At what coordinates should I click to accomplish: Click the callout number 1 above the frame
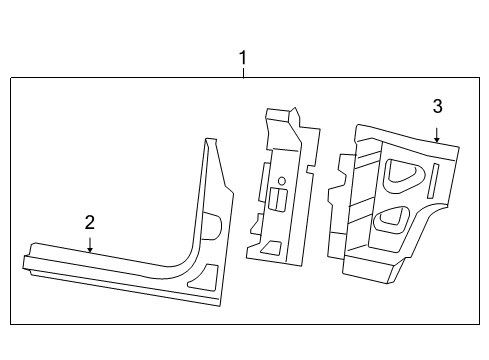tap(241, 59)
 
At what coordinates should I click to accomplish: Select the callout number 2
tap(90, 221)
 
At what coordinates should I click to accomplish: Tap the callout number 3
tap(437, 106)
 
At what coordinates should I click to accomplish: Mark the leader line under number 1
tap(241, 73)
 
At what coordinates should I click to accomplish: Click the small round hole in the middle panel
tap(281, 181)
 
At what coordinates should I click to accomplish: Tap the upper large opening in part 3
tap(402, 171)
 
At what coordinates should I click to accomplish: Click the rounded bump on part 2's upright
tap(213, 224)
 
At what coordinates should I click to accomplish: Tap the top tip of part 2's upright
tap(208, 140)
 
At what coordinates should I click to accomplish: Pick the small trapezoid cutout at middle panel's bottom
tap(272, 247)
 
